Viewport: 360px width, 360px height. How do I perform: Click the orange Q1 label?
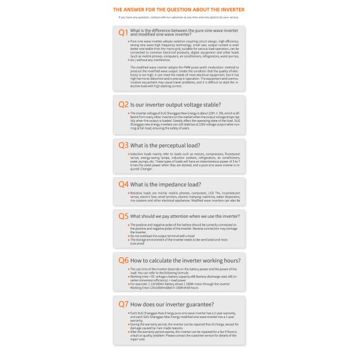(122, 32)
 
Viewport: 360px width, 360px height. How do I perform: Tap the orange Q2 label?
(122, 104)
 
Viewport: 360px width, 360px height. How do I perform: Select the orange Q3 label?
(122, 145)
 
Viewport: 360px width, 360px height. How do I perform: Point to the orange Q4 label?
(122, 184)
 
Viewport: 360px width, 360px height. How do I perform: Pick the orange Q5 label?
(122, 215)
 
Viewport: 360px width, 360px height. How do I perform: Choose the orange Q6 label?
(122, 260)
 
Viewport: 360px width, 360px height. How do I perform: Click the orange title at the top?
(179, 10)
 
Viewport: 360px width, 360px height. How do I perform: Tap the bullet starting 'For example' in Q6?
(180, 283)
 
